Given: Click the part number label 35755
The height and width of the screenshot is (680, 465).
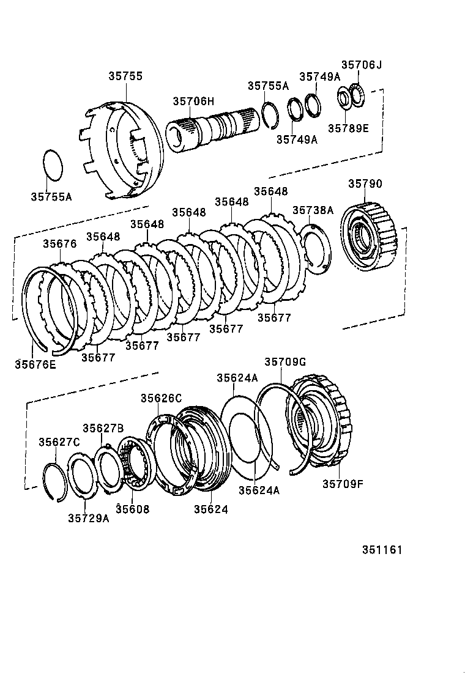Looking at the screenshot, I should pos(125,76).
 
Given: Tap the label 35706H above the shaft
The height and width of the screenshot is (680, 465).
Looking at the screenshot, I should pos(193,102).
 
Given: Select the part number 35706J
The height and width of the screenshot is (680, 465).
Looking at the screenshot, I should pos(361,65).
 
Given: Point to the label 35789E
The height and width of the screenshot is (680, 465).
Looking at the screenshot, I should pos(348,128).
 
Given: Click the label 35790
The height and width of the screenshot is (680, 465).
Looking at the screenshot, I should pos(365,183).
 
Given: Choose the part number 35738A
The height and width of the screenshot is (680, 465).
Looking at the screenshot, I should pos(313,210).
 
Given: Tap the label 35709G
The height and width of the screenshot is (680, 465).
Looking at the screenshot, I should pos(285,362).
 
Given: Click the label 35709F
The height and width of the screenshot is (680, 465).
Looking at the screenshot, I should pos(343,484).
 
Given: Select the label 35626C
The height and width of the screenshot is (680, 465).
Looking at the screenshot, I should pos(162,398).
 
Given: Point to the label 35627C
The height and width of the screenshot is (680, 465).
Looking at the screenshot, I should pos(59,442).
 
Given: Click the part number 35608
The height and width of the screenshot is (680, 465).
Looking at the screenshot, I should pos(132,509).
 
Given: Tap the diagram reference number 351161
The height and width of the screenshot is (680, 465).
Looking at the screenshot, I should pos(382,550).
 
